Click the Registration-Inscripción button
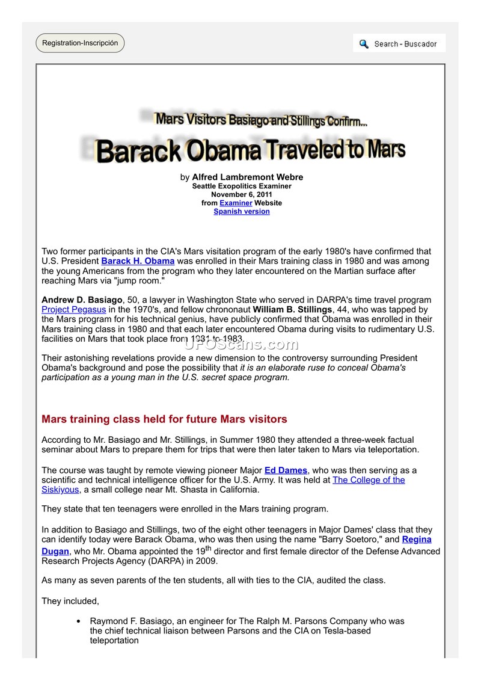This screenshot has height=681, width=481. (x=80, y=43)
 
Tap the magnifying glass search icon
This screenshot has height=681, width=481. (x=364, y=44)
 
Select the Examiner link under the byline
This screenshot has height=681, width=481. (x=236, y=203)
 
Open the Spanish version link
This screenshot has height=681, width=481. (x=242, y=212)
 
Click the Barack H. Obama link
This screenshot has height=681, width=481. (x=138, y=261)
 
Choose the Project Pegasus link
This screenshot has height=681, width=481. (x=74, y=309)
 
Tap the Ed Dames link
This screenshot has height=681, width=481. (x=286, y=470)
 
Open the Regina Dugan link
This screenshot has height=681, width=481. (x=416, y=540)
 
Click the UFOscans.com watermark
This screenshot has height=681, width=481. (x=240, y=344)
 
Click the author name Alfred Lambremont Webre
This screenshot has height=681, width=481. (x=247, y=177)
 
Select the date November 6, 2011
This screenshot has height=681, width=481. (x=242, y=195)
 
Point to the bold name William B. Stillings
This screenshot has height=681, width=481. (x=292, y=309)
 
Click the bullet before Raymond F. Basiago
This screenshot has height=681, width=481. (x=79, y=621)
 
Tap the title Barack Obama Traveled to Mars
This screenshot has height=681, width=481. (x=250, y=150)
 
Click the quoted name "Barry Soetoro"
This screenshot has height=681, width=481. (x=345, y=540)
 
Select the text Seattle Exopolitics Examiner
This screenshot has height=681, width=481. (x=242, y=186)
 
